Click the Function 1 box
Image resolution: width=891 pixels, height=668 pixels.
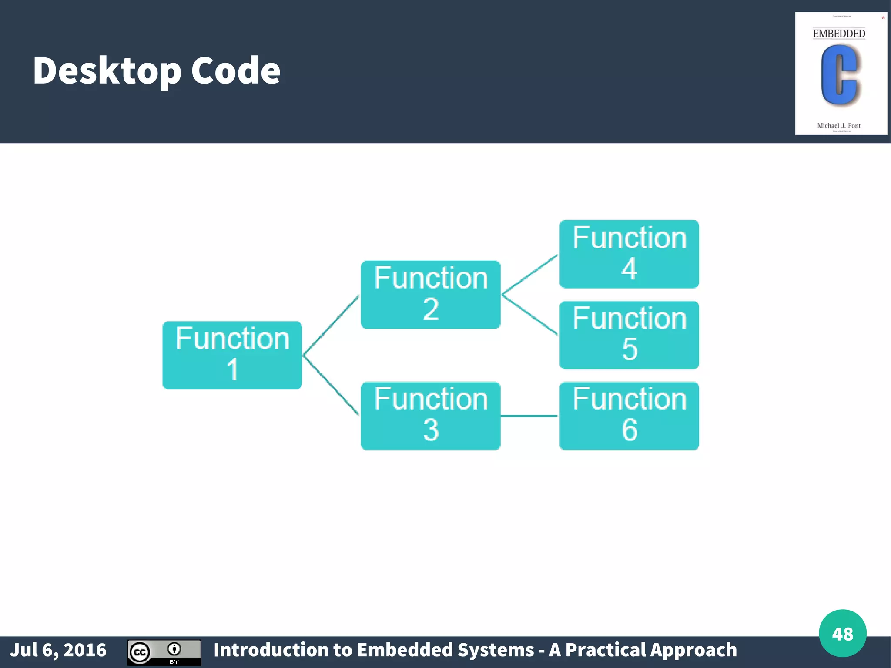click(x=232, y=355)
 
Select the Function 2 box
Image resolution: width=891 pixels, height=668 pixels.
click(x=430, y=295)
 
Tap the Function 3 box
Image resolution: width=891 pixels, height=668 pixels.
click(x=430, y=416)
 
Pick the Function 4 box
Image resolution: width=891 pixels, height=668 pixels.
click(x=629, y=254)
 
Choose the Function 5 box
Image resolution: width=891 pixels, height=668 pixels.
click(x=629, y=335)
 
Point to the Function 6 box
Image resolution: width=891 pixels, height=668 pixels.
click(x=629, y=416)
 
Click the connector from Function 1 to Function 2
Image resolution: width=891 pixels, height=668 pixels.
click(x=331, y=325)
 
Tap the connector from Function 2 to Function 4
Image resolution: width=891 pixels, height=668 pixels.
click(x=529, y=275)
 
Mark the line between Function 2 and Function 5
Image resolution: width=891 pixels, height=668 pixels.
click(x=529, y=315)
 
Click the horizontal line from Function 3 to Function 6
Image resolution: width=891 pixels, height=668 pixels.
click(x=529, y=416)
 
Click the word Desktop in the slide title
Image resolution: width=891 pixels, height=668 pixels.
click(x=107, y=71)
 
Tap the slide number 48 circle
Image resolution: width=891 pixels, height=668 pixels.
click(x=842, y=633)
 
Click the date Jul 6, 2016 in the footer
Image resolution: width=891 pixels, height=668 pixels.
click(x=58, y=650)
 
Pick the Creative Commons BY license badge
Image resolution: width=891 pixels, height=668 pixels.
click(x=164, y=652)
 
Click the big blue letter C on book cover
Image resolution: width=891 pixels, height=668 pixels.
click(x=839, y=75)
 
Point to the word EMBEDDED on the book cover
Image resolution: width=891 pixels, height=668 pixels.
click(x=839, y=34)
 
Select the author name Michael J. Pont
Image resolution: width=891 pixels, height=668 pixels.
click(x=839, y=126)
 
